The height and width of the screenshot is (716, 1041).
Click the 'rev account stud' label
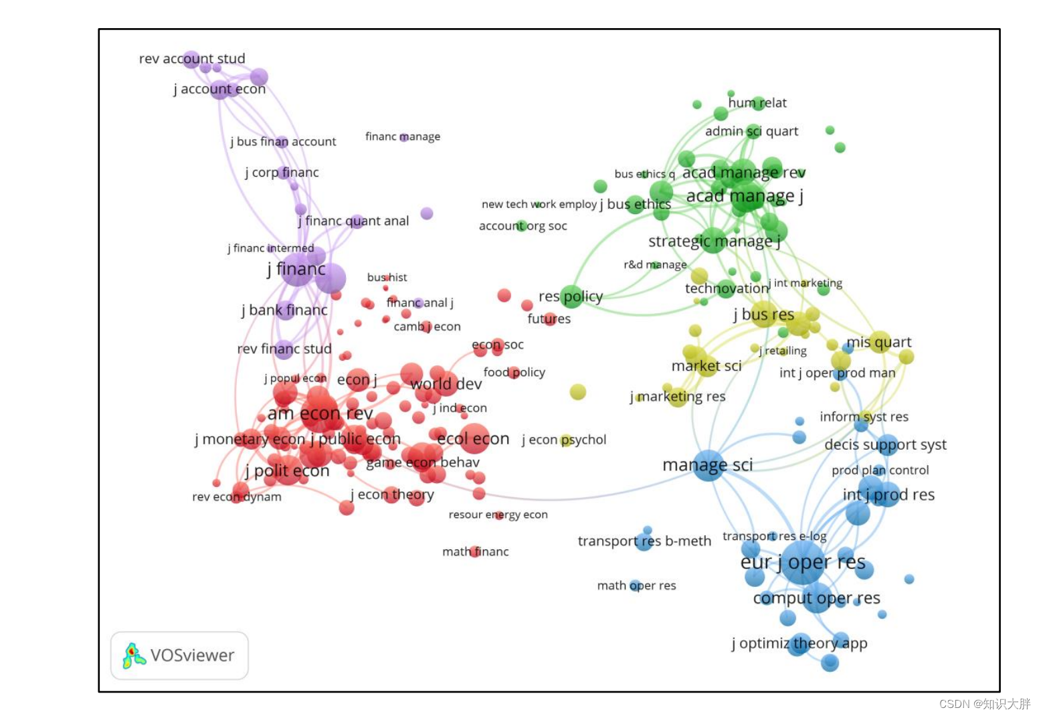[192, 59]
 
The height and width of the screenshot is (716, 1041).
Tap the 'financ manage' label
[403, 137]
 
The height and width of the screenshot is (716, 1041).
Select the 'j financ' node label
[296, 269]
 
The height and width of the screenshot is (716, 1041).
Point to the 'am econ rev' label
[320, 414]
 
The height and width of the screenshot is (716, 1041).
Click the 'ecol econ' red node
[474, 438]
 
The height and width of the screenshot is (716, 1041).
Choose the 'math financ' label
[476, 551]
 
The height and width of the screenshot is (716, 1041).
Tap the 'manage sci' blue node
[708, 465]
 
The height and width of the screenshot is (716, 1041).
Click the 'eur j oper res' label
[803, 562]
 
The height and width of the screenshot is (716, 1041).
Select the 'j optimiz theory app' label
[799, 643]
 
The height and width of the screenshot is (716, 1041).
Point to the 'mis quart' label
[879, 342]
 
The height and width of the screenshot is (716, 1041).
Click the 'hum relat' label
[757, 103]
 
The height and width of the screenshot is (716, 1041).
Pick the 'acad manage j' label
[745, 196]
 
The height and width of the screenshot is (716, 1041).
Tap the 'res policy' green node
[571, 296]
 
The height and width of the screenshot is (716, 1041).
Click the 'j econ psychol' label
[564, 440]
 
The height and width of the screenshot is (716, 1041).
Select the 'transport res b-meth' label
[644, 541]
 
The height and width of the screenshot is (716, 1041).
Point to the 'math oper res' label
[636, 586]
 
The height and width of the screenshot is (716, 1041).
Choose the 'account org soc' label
[523, 226]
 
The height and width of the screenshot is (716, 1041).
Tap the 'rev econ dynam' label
[237, 497]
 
